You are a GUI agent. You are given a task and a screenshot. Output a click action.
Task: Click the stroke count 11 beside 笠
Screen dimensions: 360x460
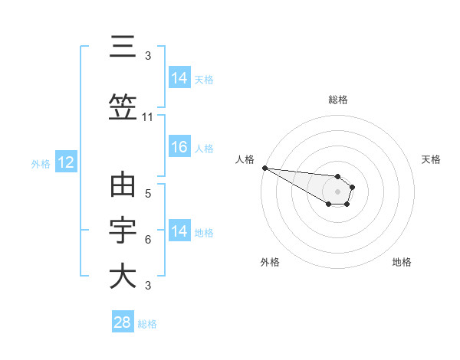click(148, 117)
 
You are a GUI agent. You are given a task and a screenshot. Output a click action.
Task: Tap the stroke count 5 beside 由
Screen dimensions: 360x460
click(148, 194)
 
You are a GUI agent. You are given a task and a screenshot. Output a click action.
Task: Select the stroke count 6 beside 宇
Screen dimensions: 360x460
click(148, 240)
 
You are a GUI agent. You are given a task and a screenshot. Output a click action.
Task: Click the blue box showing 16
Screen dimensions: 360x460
click(179, 148)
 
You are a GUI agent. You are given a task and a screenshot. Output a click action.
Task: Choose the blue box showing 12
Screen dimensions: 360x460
click(65, 162)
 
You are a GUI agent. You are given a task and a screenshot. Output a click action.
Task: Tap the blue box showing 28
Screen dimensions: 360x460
click(123, 322)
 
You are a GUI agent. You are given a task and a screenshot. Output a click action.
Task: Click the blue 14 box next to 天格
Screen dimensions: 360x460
click(179, 77)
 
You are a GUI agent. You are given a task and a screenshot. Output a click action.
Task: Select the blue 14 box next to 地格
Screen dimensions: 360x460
click(179, 231)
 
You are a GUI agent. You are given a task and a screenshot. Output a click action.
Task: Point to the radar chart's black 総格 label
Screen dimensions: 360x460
click(338, 100)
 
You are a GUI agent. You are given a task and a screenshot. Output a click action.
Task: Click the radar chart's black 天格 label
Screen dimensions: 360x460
click(432, 159)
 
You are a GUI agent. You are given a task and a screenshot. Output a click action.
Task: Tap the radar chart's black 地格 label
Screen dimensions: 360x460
click(402, 262)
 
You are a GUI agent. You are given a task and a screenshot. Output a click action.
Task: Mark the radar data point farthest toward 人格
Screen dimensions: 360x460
click(264, 168)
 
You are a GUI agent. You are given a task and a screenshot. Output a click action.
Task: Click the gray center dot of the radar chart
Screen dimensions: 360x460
click(338, 191)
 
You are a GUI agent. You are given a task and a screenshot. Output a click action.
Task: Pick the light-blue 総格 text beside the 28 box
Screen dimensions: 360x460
click(147, 324)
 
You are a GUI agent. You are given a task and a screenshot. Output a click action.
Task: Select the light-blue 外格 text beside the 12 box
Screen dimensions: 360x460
click(41, 163)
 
